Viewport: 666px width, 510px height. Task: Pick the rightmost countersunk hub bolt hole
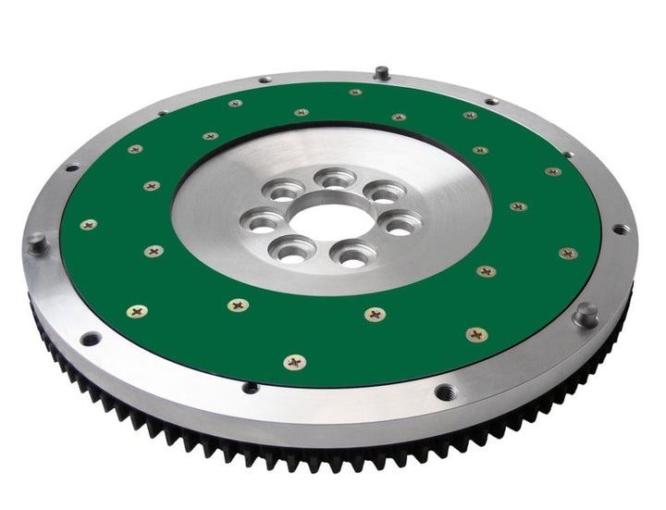pyautogui.click(x=401, y=225)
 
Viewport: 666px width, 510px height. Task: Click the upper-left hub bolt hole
pyautogui.click(x=278, y=192)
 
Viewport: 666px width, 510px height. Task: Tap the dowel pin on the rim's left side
pyautogui.click(x=37, y=243)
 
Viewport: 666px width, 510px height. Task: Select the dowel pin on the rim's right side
pyautogui.click(x=586, y=316)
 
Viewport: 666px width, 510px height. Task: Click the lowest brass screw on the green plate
pyautogui.click(x=295, y=363)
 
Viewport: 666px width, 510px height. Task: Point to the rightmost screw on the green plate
pyautogui.click(x=568, y=253)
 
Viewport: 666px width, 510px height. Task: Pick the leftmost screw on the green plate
pyautogui.click(x=89, y=224)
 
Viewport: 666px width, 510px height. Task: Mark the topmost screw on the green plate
pyautogui.click(x=355, y=92)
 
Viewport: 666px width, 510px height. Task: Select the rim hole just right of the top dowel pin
pyautogui.click(x=491, y=101)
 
